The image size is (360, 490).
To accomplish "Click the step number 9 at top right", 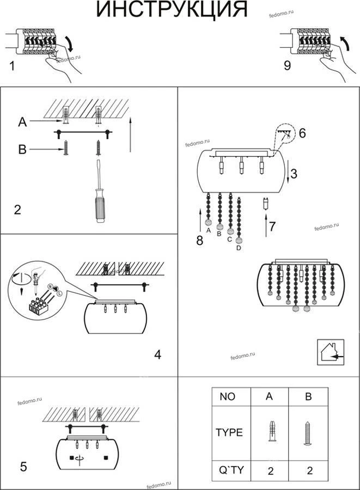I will (x=287, y=66).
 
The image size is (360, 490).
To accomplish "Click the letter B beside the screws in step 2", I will (x=22, y=149).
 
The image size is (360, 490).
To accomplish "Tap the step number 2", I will (x=17, y=210).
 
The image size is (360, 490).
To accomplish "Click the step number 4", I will (x=157, y=355).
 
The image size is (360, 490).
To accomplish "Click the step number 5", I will (x=23, y=467).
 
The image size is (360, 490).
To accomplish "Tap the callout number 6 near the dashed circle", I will (x=303, y=133).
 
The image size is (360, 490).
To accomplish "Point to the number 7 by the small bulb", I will (x=273, y=226).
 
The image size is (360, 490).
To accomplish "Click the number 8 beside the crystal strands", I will (x=199, y=240).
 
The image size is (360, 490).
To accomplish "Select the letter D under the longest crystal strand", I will (x=239, y=248).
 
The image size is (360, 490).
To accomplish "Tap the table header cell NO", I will (x=228, y=397).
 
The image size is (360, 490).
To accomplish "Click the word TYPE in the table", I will (x=229, y=433).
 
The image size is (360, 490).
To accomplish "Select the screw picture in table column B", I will (x=308, y=433).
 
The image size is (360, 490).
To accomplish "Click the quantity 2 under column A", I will (x=270, y=471).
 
